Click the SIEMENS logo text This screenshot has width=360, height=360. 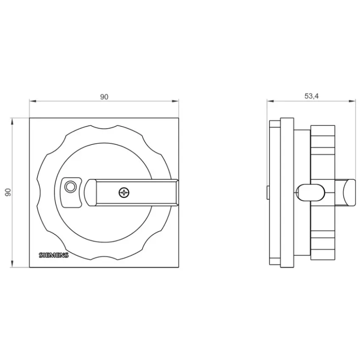[54, 255]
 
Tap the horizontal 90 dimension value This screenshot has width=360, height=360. [104, 97]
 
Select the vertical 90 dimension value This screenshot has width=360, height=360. [8, 192]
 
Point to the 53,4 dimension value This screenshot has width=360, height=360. [312, 96]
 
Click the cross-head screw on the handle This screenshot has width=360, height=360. [124, 192]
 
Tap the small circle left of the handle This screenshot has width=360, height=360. [70, 187]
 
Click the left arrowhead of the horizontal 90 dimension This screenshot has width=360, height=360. [33, 101]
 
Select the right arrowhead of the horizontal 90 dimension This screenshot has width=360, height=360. [175, 101]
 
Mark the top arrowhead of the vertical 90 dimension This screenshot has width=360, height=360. [12, 122]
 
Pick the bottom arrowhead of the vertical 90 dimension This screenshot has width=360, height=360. [12, 264]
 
